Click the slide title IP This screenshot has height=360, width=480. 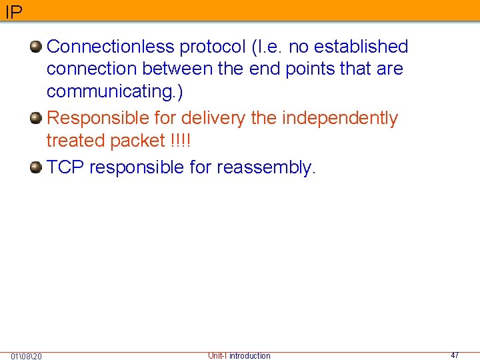[x=13, y=11]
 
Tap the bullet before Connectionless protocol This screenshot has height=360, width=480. [x=36, y=47]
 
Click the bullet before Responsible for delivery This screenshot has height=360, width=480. [x=36, y=118]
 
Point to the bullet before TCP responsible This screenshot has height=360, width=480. [x=36, y=167]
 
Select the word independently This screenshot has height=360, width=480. [x=340, y=118]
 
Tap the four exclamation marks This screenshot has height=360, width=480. [x=180, y=141]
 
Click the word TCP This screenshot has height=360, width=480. [x=65, y=167]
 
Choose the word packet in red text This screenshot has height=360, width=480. [x=137, y=141]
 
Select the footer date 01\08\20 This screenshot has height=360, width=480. [x=27, y=356]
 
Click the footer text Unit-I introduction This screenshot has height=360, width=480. [x=239, y=355]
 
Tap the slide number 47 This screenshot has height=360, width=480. [x=455, y=355]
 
